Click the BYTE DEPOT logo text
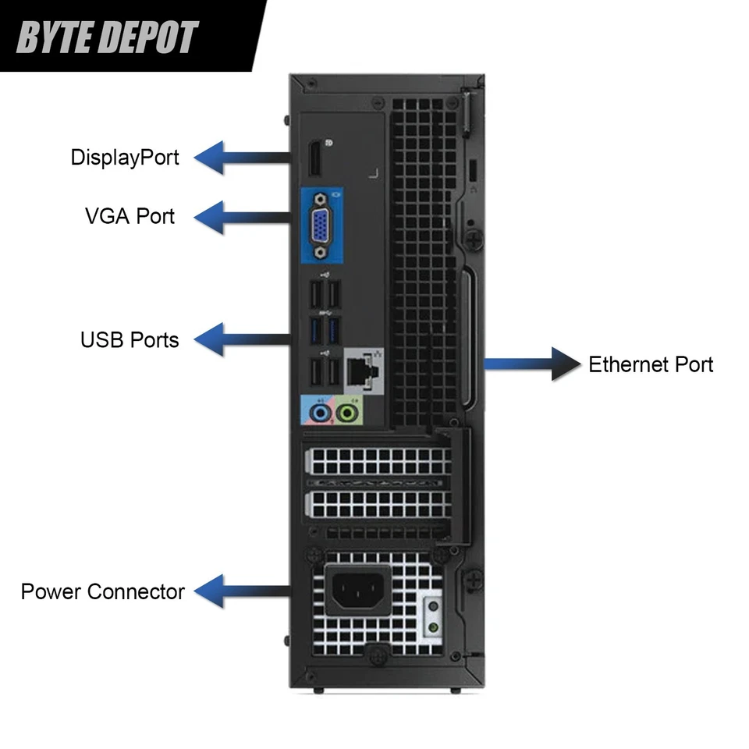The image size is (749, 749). pyautogui.click(x=107, y=37)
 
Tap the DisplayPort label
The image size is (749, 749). pyautogui.click(x=125, y=157)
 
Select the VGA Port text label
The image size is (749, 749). pyautogui.click(x=130, y=215)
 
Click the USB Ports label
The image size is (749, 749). pyautogui.click(x=130, y=339)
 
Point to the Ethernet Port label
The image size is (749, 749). pyautogui.click(x=651, y=364)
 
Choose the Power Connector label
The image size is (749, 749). pyautogui.click(x=102, y=591)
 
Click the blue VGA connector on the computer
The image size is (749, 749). pyautogui.click(x=321, y=229)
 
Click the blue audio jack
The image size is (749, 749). pyautogui.click(x=318, y=410)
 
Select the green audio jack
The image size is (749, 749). pyautogui.click(x=350, y=410)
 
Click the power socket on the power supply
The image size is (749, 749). pyautogui.click(x=360, y=587)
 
